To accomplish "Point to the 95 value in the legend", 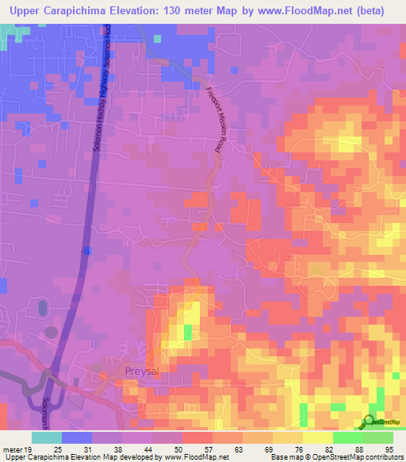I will coord(389,451).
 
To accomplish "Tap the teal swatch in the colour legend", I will coord(46,437).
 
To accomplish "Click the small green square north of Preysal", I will coord(188,332).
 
